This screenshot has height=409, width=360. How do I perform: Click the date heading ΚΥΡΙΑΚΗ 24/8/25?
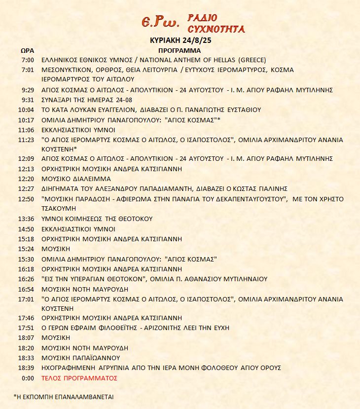(180, 40)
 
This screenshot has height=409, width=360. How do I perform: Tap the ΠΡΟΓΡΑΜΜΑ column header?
(180, 50)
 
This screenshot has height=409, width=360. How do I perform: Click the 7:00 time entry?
(28, 60)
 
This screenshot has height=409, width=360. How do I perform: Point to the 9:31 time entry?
(28, 100)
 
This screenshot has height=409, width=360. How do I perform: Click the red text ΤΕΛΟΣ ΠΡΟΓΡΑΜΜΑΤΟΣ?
(80, 378)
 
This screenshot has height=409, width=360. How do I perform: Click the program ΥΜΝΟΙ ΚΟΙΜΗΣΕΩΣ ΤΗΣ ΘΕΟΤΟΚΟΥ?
(97, 219)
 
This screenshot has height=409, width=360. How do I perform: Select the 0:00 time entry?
(28, 378)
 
